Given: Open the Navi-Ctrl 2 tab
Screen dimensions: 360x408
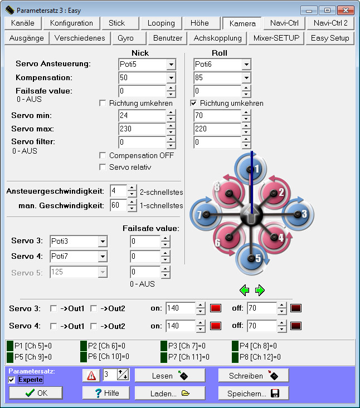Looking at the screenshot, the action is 330,23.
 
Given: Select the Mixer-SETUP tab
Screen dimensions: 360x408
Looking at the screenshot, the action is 276,38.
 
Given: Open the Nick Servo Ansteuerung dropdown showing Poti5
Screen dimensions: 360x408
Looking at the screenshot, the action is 147,64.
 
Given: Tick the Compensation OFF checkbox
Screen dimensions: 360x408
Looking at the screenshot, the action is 103,156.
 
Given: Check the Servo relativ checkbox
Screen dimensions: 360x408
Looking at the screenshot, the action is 103,167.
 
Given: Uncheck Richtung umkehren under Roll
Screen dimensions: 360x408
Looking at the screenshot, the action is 193,104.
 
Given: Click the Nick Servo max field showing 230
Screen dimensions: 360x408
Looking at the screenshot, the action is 142,129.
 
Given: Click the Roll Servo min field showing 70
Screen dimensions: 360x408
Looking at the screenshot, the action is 217,115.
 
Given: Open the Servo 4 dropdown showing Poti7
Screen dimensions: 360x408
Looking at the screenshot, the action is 79,257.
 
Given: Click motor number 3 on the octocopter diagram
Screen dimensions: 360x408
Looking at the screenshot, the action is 298,214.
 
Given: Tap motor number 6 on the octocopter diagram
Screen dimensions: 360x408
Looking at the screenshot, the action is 228,237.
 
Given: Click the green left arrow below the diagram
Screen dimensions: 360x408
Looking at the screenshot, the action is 244,290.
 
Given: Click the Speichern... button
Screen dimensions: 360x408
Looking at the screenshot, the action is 254,393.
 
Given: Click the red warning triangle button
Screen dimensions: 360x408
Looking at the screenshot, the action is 91,376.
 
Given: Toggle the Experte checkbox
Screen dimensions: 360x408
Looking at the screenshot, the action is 12,380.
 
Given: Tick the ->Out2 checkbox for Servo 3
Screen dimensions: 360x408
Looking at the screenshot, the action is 94,308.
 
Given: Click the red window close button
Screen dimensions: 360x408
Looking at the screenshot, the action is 346,11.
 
